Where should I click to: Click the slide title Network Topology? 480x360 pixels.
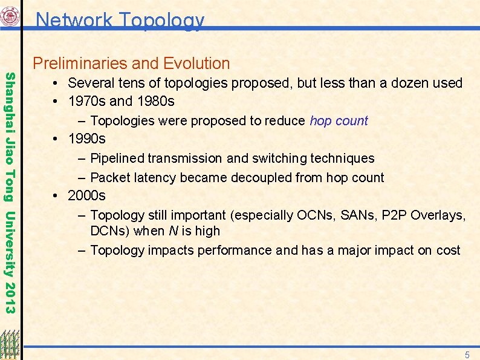point(120,20)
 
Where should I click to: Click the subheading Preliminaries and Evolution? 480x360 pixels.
point(131,64)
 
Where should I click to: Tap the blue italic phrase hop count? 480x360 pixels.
point(339,120)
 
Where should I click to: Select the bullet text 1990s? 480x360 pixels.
point(86,139)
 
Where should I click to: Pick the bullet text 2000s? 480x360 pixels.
point(86,195)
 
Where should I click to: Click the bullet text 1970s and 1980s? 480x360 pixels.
point(121,101)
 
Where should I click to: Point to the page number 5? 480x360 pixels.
point(467,355)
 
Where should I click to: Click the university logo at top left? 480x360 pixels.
point(10,16)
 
